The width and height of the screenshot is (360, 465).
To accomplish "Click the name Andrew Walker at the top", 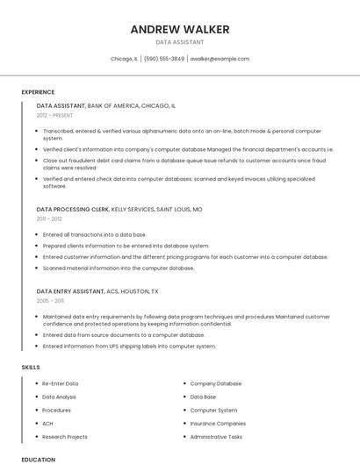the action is (180, 30).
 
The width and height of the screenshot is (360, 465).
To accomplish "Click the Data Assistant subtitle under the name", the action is (180, 42).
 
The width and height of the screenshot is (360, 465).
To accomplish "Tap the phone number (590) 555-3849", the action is (164, 59).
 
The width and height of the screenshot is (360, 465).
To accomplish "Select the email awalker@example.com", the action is (220, 59).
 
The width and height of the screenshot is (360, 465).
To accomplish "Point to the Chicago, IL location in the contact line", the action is (124, 59).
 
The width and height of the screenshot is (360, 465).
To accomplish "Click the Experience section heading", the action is (38, 92).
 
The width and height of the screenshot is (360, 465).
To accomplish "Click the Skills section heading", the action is (31, 367).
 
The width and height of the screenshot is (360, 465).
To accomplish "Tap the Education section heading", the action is (39, 460).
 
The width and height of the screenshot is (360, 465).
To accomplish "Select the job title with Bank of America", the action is (106, 105).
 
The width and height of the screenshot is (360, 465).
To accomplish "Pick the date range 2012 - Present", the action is (55, 115).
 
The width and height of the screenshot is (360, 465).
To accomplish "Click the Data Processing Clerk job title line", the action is (119, 210).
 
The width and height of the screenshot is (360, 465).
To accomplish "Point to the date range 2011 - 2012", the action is (49, 219).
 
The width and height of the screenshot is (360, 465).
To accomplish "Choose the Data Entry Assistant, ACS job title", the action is (97, 291).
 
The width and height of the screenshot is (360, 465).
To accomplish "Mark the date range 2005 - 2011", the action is (50, 301).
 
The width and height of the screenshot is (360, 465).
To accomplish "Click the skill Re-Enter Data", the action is (61, 383).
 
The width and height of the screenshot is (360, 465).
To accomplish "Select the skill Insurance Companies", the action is (218, 423).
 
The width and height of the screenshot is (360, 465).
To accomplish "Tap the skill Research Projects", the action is (65, 436).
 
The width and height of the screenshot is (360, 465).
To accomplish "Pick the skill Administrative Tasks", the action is (216, 436).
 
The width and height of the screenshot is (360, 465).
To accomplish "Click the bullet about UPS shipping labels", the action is (129, 346).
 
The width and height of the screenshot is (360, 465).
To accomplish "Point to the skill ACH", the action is (47, 423).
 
